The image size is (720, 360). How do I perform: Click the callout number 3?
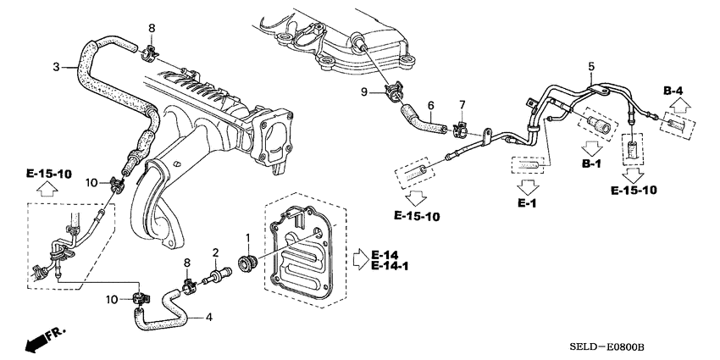pyautogui.click(x=56, y=67)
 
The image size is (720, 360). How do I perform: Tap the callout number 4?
pyautogui.click(x=208, y=318)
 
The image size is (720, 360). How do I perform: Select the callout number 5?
pyautogui.click(x=591, y=66)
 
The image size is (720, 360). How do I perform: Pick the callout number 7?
pyautogui.click(x=462, y=104)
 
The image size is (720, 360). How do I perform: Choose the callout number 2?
pyautogui.click(x=216, y=252)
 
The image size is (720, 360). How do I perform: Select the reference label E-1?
pyautogui.click(x=527, y=203)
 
